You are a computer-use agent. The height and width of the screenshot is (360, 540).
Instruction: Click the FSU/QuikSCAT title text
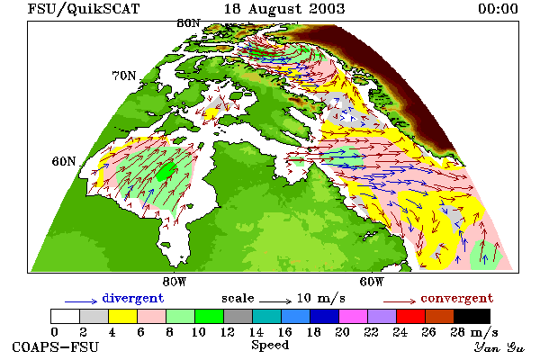[84, 9]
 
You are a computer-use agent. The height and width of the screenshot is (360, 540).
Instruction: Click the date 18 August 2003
[284, 9]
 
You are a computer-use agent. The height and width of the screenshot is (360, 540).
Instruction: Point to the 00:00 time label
[498, 9]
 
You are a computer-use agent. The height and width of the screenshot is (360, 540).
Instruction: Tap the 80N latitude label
[188, 23]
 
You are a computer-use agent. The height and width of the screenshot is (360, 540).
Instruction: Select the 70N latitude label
[124, 76]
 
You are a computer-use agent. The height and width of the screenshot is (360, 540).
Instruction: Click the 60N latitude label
[64, 161]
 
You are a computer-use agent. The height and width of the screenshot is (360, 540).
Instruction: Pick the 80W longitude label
[175, 282]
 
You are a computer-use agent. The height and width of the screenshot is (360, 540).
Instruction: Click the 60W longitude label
[372, 282]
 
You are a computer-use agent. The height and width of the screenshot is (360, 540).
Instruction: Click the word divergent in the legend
[133, 298]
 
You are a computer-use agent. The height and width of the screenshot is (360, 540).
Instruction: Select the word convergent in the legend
[457, 298]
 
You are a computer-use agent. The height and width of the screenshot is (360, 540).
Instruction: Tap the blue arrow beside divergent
[81, 301]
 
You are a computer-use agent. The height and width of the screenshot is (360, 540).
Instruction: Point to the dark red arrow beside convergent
[400, 301]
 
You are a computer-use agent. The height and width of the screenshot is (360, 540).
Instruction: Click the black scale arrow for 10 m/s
[275, 301]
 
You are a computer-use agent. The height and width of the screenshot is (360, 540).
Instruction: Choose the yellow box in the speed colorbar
[123, 316]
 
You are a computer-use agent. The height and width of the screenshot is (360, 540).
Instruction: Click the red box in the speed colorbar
[411, 316]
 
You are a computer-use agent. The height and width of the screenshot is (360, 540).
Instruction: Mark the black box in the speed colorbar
[472, 316]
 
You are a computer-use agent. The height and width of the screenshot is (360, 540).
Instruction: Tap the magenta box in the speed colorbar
[354, 316]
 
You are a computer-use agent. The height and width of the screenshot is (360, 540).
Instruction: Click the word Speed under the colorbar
[270, 346]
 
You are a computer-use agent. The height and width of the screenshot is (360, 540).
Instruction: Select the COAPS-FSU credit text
[56, 346]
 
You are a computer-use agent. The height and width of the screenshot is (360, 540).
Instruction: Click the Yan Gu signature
[499, 347]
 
